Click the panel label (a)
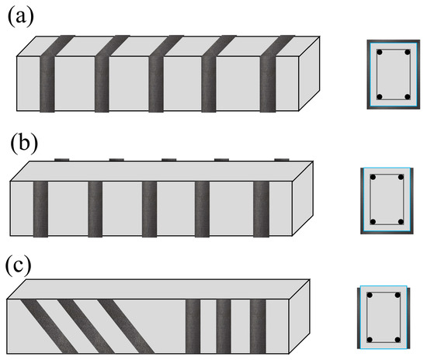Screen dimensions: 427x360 21,16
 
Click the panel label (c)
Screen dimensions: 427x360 19,266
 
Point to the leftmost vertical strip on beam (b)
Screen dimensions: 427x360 41,209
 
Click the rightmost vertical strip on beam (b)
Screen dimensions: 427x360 261,209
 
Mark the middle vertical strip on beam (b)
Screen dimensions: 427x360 150,209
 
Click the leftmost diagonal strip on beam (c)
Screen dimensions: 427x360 49,327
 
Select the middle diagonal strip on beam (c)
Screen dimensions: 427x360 86,327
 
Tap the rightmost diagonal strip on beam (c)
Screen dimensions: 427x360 126,327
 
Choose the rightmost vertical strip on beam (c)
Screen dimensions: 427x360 258,327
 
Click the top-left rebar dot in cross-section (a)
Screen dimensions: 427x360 380,52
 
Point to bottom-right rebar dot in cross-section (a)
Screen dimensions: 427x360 408,97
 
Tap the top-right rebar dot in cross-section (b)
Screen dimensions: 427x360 401,178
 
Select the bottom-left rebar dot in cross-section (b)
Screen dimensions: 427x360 373,222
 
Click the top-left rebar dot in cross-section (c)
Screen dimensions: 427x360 370,296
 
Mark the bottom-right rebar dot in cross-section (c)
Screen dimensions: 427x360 397,340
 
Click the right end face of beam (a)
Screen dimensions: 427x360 309,74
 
